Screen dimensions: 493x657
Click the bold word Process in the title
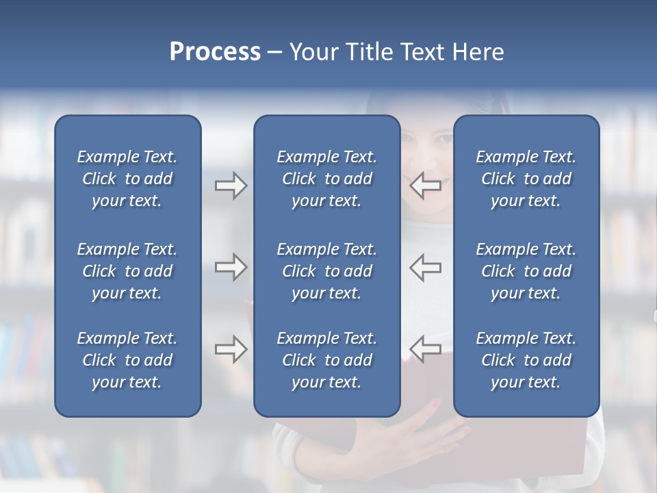pos(215,51)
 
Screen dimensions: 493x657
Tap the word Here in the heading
pos(478,51)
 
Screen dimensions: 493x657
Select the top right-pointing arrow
pos(231,186)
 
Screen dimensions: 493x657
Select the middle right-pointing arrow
pos(231,267)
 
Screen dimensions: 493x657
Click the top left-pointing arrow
pos(425,186)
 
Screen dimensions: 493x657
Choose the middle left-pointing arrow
pos(425,267)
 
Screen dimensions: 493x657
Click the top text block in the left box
pos(127,179)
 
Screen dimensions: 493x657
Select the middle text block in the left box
pos(127,271)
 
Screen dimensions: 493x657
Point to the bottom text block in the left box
pos(127,360)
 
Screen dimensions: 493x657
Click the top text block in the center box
pos(326,179)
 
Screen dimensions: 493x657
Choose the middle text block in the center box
pos(326,271)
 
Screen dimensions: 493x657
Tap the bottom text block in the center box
pos(326,360)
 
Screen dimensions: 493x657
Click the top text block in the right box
pos(526,179)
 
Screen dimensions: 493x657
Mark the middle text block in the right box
pos(526,271)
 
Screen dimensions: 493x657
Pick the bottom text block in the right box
pos(526,360)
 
